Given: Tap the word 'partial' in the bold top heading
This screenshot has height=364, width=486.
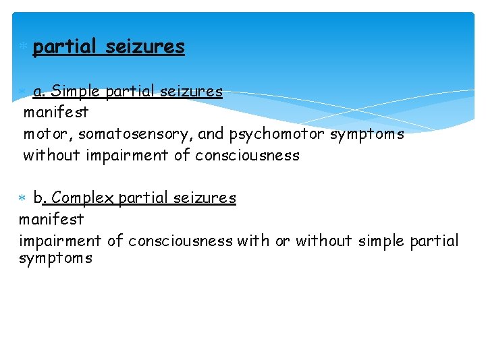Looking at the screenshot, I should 65,47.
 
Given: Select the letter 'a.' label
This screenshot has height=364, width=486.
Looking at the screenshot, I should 39,91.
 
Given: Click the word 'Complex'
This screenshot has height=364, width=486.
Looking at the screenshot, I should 83,198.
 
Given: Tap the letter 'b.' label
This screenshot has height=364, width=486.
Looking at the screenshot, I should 40,198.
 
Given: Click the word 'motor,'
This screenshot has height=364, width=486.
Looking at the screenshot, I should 48,134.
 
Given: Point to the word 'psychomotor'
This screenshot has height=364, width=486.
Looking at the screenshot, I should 277,134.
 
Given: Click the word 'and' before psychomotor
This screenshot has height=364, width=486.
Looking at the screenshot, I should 212,134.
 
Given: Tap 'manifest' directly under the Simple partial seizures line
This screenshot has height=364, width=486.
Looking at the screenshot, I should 56,113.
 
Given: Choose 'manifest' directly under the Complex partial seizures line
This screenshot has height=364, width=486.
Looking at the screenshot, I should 51,219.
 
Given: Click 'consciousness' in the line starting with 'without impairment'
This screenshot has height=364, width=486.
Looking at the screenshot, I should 247,156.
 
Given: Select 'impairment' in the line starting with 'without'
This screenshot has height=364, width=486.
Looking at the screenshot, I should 125,156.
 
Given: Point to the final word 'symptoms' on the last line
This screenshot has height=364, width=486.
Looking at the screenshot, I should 55,258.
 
